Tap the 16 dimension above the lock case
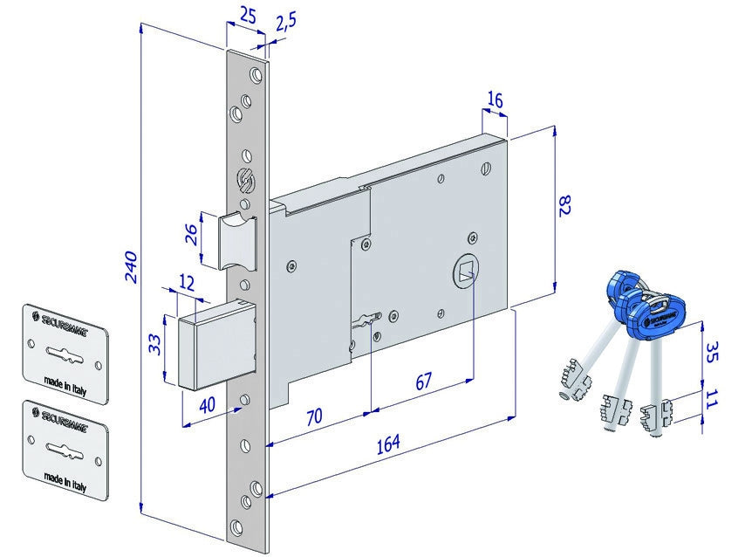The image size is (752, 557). [x=495, y=100]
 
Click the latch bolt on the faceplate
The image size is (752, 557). [x=236, y=239]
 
